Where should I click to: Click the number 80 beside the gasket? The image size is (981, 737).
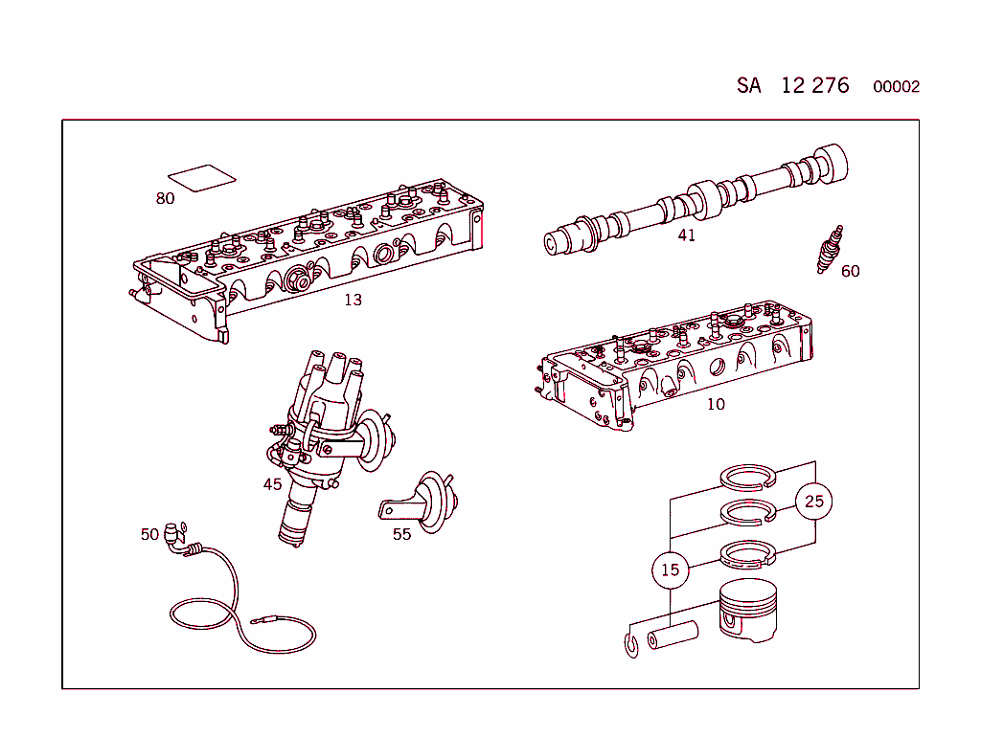click(165, 199)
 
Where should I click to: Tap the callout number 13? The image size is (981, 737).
click(353, 300)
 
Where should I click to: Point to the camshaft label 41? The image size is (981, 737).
click(686, 235)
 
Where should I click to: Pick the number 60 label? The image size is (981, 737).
click(850, 271)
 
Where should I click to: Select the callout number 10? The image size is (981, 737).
click(716, 404)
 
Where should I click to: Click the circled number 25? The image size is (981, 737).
click(813, 501)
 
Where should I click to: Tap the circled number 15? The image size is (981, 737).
click(670, 569)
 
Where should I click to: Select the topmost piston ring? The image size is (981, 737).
click(753, 476)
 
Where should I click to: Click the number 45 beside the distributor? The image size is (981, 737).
click(272, 484)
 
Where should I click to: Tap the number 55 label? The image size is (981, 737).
click(401, 534)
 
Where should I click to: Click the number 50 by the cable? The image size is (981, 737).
click(149, 534)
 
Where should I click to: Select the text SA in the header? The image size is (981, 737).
click(748, 85)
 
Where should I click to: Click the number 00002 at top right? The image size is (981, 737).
click(896, 87)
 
